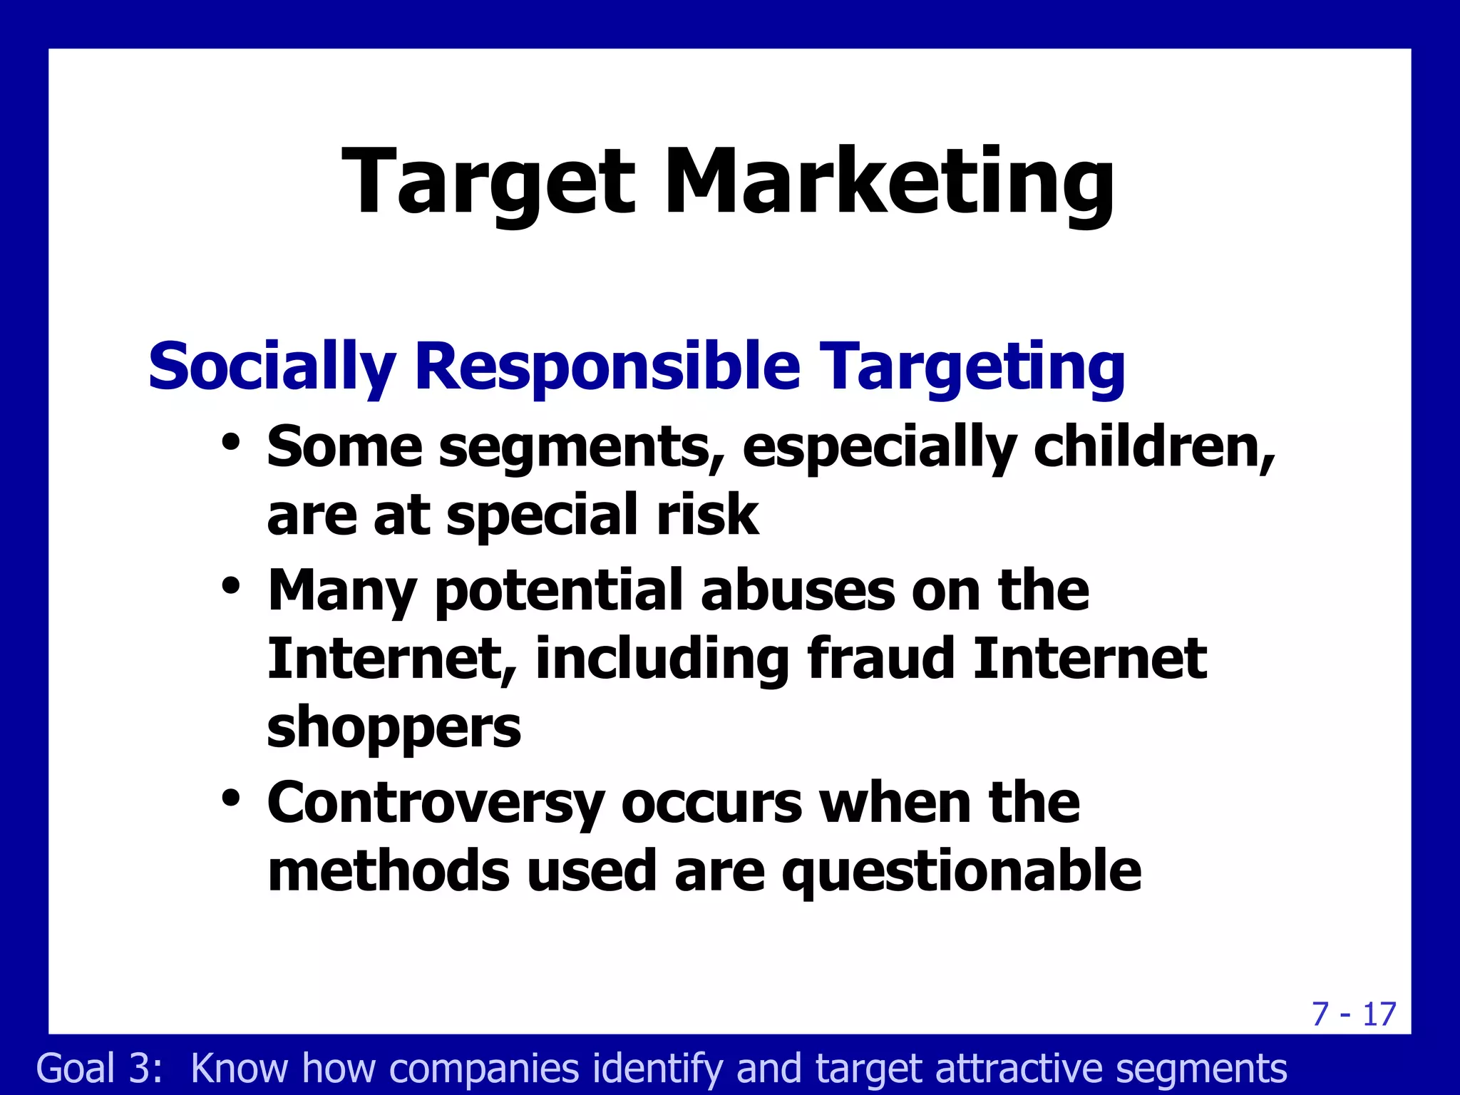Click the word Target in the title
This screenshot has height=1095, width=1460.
point(488,182)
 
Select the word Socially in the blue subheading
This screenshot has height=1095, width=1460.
point(272,366)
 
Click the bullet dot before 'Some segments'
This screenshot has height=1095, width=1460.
point(230,441)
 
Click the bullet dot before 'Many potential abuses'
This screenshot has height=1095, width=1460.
point(230,586)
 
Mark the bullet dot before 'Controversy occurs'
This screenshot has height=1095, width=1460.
point(230,797)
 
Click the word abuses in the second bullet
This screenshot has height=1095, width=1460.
point(798,590)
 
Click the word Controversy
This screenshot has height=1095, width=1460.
point(436,803)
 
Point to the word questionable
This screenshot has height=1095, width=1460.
point(962,871)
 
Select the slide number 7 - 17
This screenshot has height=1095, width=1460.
point(1354,1014)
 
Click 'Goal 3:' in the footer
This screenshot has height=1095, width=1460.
point(100,1068)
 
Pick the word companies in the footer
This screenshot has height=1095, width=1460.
point(484,1068)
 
